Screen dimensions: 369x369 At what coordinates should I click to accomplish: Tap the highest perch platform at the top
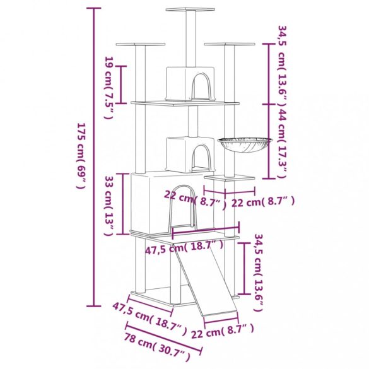189,9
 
